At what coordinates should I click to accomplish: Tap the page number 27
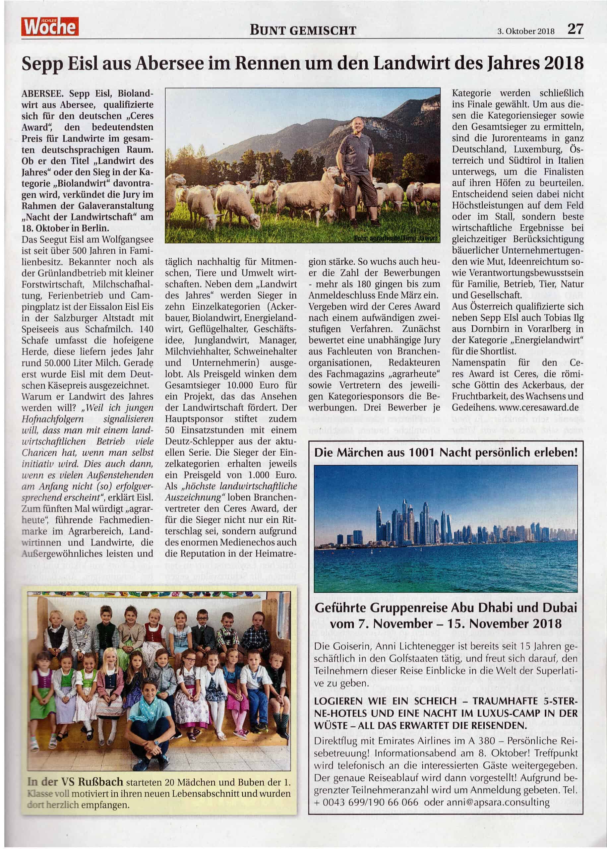(575, 29)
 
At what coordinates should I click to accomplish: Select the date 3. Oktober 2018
(526, 32)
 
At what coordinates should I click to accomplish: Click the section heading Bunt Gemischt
(303, 30)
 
